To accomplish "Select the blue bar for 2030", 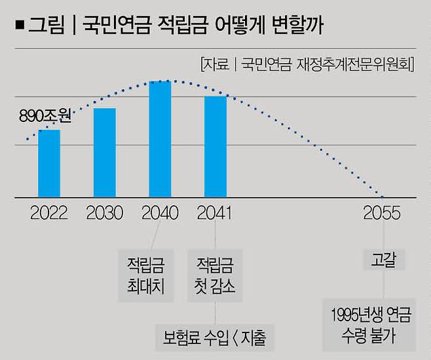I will click(105, 152).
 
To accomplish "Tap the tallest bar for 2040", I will click(160, 139).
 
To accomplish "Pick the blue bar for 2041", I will click(216, 146).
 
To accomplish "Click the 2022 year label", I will click(49, 214).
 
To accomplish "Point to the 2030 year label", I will click(105, 214).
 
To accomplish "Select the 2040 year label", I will click(160, 214).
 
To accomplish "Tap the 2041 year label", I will click(216, 214).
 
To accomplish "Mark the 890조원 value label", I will click(45, 117).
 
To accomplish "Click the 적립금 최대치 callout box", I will click(145, 275).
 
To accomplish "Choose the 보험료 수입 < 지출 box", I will click(217, 338).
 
